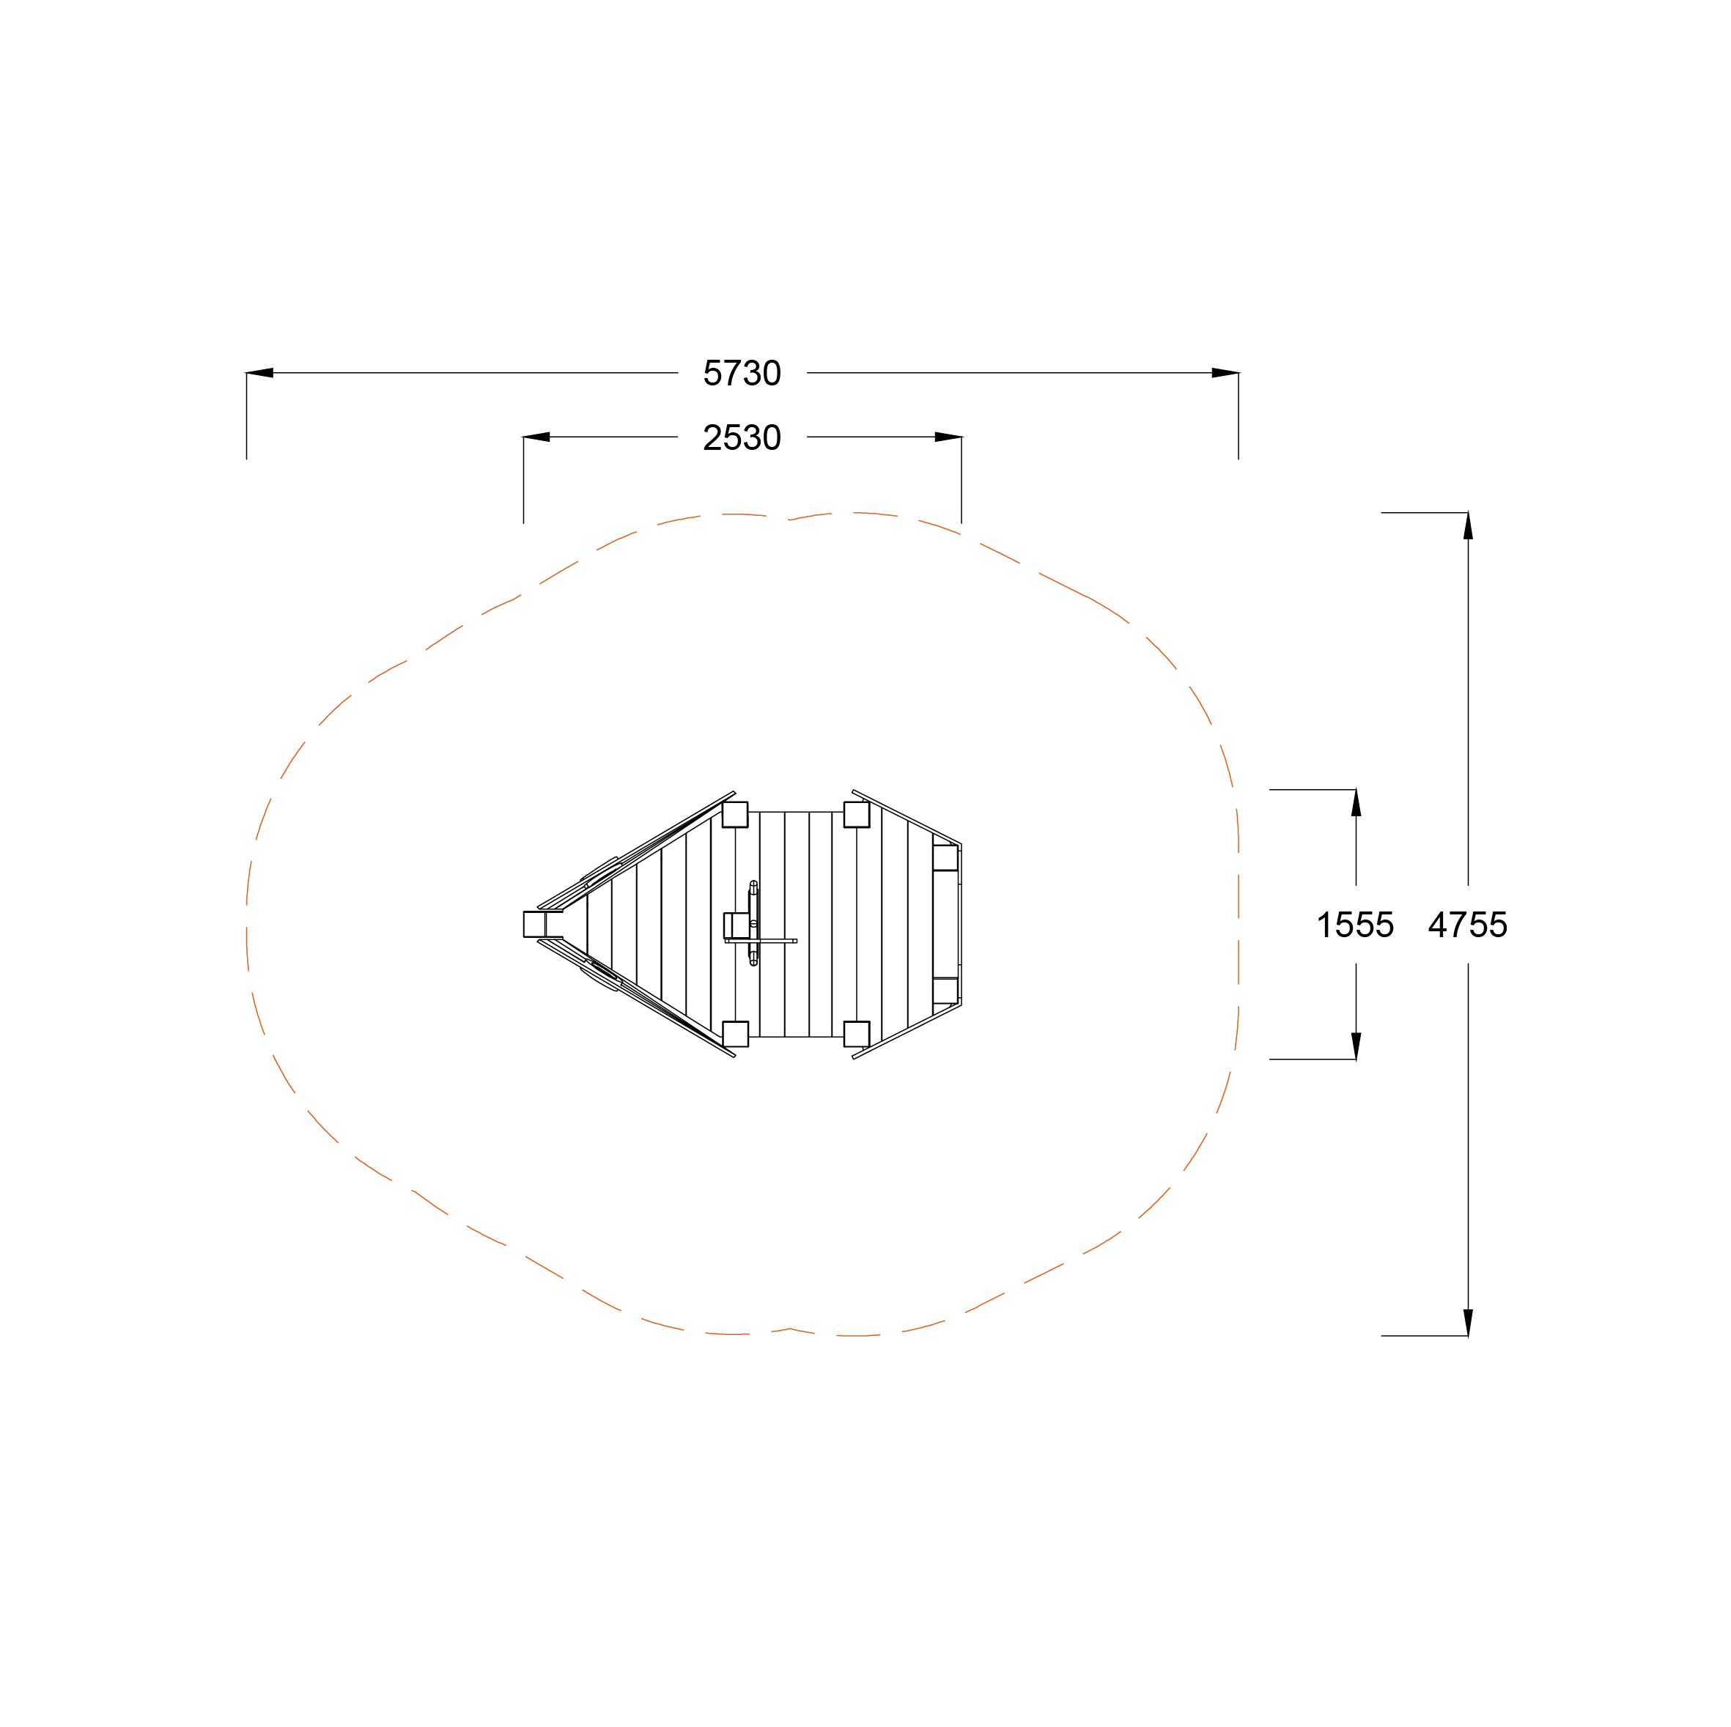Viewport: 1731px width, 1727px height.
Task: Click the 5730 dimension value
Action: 742,373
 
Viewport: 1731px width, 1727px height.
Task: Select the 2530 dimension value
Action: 742,437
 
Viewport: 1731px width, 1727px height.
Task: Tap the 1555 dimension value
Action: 1355,925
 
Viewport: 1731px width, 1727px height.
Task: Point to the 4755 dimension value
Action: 1468,925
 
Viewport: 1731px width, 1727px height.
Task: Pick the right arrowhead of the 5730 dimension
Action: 1225,373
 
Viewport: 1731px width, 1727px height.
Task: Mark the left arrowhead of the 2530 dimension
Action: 536,437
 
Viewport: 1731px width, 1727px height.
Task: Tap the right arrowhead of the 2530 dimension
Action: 948,437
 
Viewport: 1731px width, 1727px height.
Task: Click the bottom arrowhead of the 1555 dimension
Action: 1356,1046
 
